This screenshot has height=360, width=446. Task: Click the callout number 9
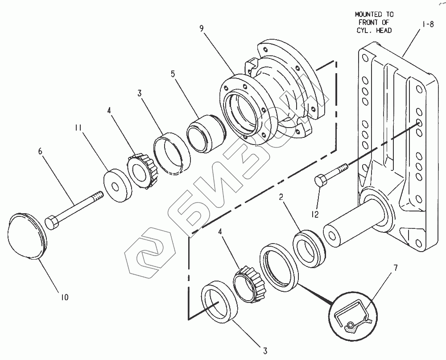point(202,29)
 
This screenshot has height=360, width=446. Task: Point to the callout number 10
point(65,297)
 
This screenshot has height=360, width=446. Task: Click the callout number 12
point(315,215)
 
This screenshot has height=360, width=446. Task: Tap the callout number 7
point(395,268)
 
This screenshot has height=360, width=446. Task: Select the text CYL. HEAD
point(374,30)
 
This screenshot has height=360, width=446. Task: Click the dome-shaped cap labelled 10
point(27,236)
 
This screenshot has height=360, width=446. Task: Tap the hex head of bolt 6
point(51,222)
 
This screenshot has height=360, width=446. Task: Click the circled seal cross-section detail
point(352,315)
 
